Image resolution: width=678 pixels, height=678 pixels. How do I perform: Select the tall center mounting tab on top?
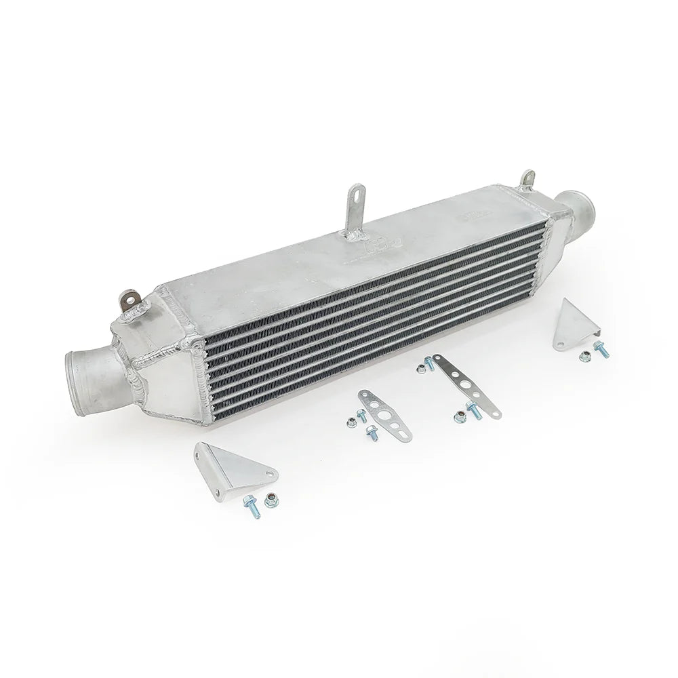(353, 210)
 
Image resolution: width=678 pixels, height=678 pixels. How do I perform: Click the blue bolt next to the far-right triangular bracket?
(601, 349)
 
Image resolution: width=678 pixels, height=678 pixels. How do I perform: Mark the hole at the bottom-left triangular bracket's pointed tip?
(269, 473)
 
